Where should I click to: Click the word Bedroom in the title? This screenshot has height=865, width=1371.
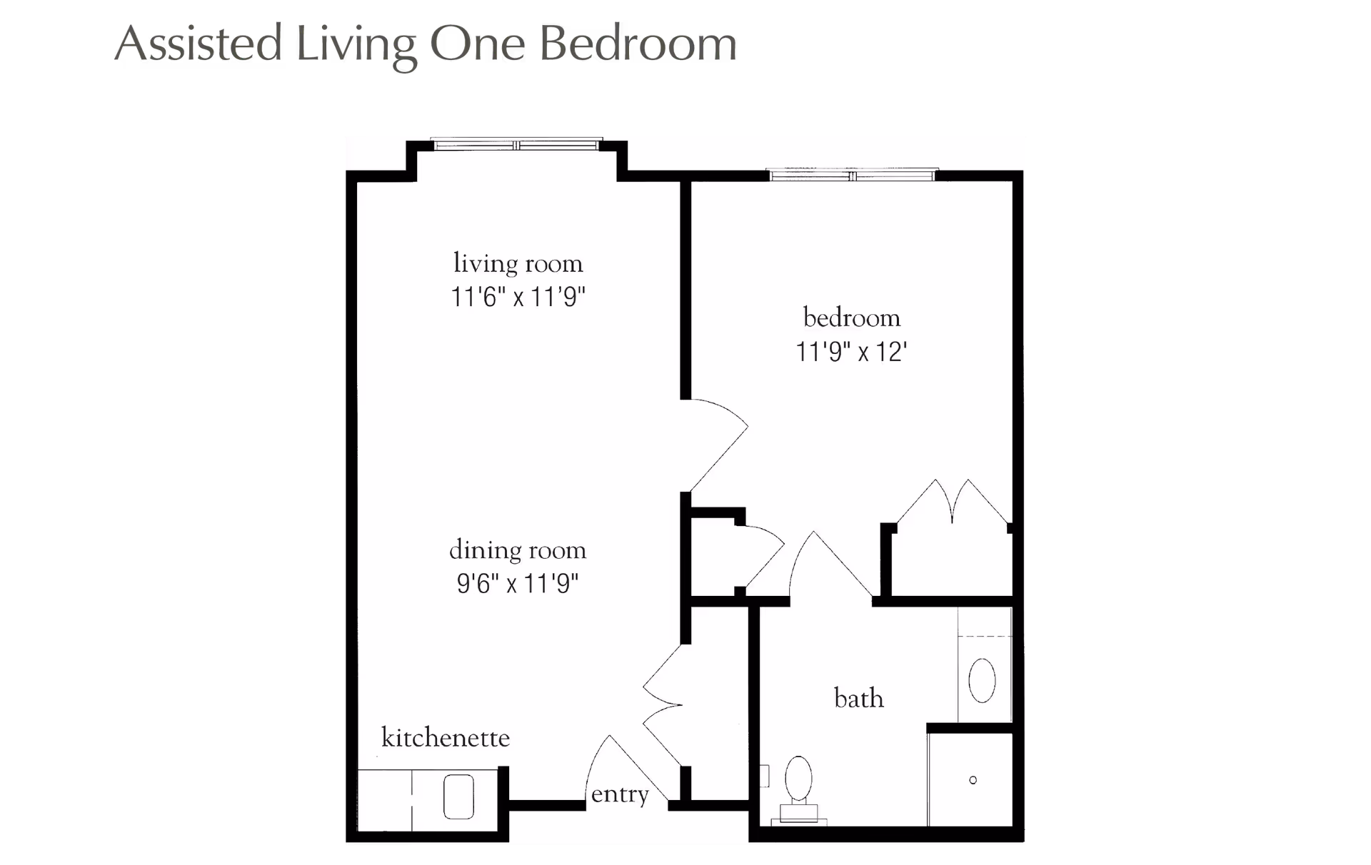(637, 44)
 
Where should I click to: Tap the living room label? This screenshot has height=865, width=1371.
(518, 264)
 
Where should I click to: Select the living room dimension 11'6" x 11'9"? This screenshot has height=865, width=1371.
(518, 297)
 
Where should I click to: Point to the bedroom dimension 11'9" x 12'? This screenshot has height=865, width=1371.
(851, 352)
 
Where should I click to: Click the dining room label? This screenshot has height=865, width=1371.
(518, 550)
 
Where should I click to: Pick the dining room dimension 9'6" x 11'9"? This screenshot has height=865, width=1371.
(518, 584)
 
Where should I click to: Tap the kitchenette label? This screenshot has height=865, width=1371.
(446, 737)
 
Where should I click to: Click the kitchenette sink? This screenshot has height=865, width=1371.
(458, 796)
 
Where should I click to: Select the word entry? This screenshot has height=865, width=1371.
(620, 794)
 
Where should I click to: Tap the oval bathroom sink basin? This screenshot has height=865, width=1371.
(982, 680)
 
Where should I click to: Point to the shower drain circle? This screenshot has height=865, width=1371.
(973, 780)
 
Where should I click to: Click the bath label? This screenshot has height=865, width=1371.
(858, 698)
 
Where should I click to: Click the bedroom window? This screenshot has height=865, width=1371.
(851, 175)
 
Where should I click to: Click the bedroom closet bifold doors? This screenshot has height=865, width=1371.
(953, 503)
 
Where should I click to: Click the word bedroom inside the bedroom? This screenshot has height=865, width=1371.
(851, 318)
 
